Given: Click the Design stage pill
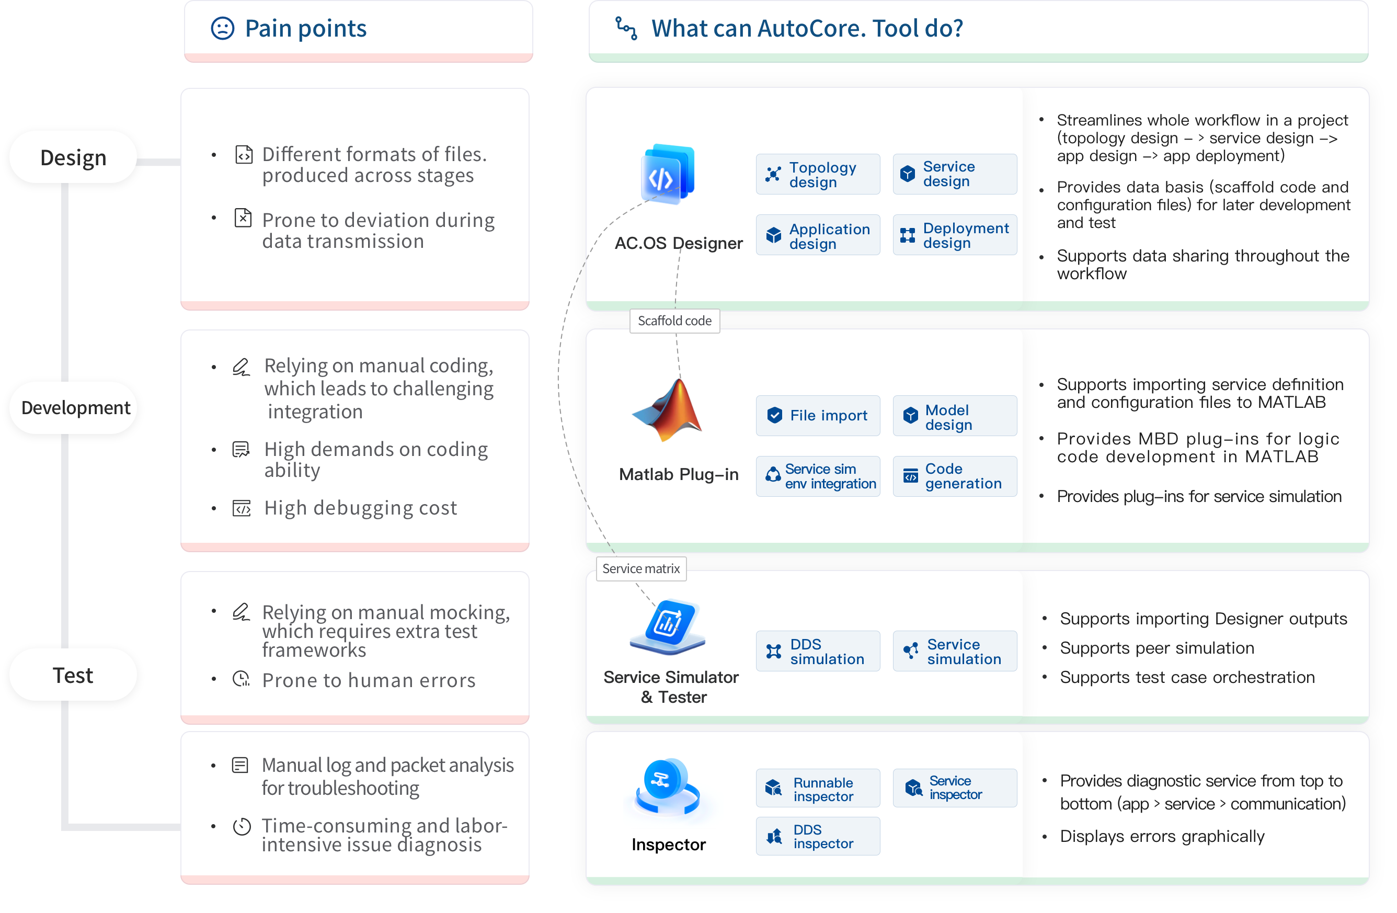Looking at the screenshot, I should point(73,157).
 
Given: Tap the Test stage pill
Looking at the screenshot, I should point(73,675).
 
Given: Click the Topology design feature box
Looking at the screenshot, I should point(818,174).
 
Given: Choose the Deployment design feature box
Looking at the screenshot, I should point(954,235).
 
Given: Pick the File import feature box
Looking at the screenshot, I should point(818,416).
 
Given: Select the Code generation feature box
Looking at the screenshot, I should point(954,476).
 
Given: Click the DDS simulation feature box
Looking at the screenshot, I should point(818,651).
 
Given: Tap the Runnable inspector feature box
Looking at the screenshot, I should point(818,789).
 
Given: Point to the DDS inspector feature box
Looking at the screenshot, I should point(818,836).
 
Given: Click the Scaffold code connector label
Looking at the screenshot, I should point(674,321).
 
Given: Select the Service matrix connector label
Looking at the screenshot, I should point(641,568).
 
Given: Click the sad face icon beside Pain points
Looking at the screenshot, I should point(222,28).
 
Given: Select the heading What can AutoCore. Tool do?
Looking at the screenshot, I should point(807,28).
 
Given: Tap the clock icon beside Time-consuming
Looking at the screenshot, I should point(242,827).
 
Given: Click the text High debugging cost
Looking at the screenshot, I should point(360,508).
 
